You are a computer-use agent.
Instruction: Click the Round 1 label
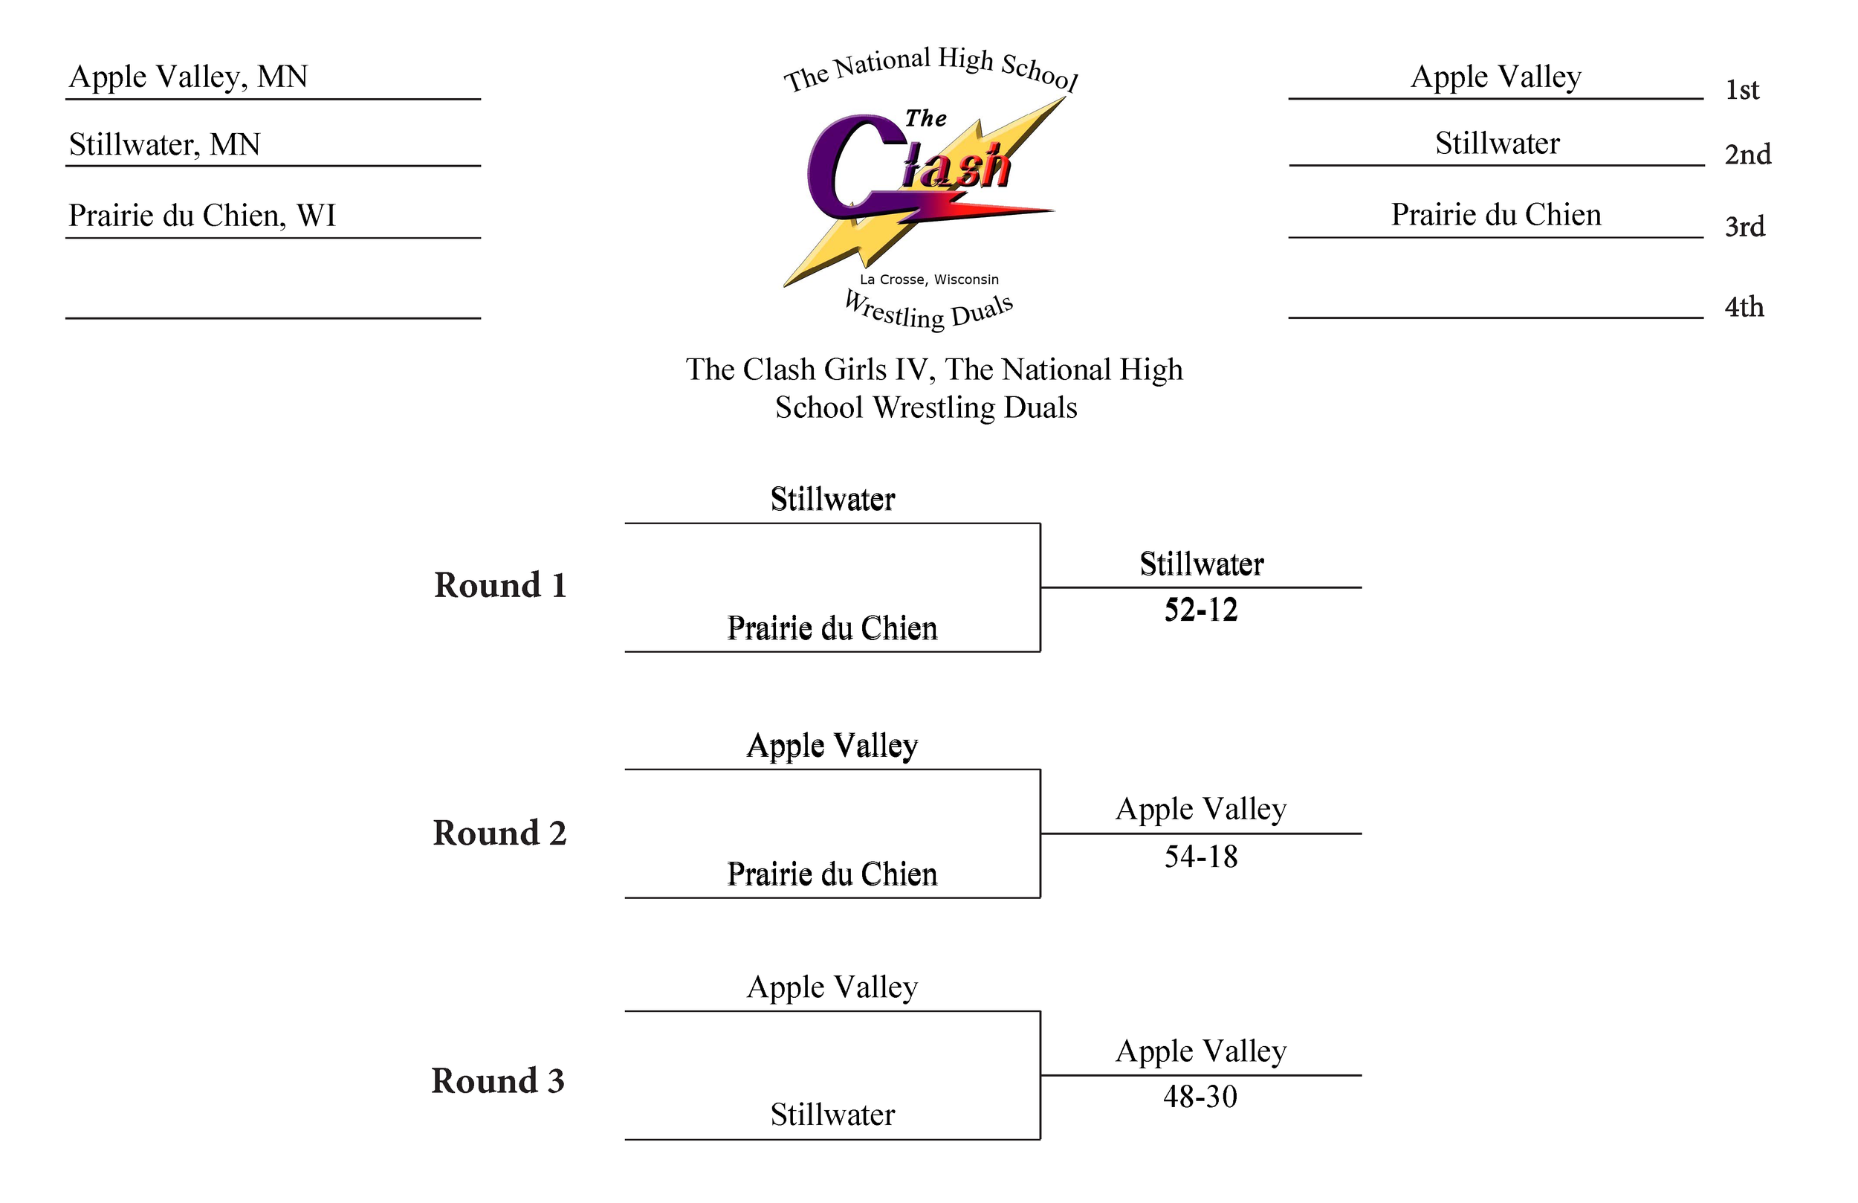(x=499, y=586)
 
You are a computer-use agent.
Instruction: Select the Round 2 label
(x=499, y=833)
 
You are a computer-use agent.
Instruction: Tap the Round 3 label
(x=498, y=1081)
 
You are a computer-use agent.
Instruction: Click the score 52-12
(x=1201, y=610)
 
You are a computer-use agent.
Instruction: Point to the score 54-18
(x=1201, y=857)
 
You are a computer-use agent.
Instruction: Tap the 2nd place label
(x=1747, y=155)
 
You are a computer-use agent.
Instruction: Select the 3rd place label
(x=1744, y=227)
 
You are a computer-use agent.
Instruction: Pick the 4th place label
(x=1744, y=307)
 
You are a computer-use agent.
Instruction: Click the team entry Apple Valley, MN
(x=188, y=77)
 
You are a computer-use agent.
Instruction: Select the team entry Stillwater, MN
(x=164, y=144)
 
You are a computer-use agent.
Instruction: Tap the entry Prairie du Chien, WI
(x=201, y=216)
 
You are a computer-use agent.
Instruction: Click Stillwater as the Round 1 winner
(x=1201, y=564)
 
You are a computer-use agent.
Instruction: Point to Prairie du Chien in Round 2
(x=832, y=874)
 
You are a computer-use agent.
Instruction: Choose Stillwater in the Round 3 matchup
(x=832, y=1115)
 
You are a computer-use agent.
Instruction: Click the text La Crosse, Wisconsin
(x=929, y=280)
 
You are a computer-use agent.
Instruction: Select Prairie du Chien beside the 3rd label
(x=1496, y=215)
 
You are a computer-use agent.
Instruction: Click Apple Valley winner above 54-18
(x=1201, y=809)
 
